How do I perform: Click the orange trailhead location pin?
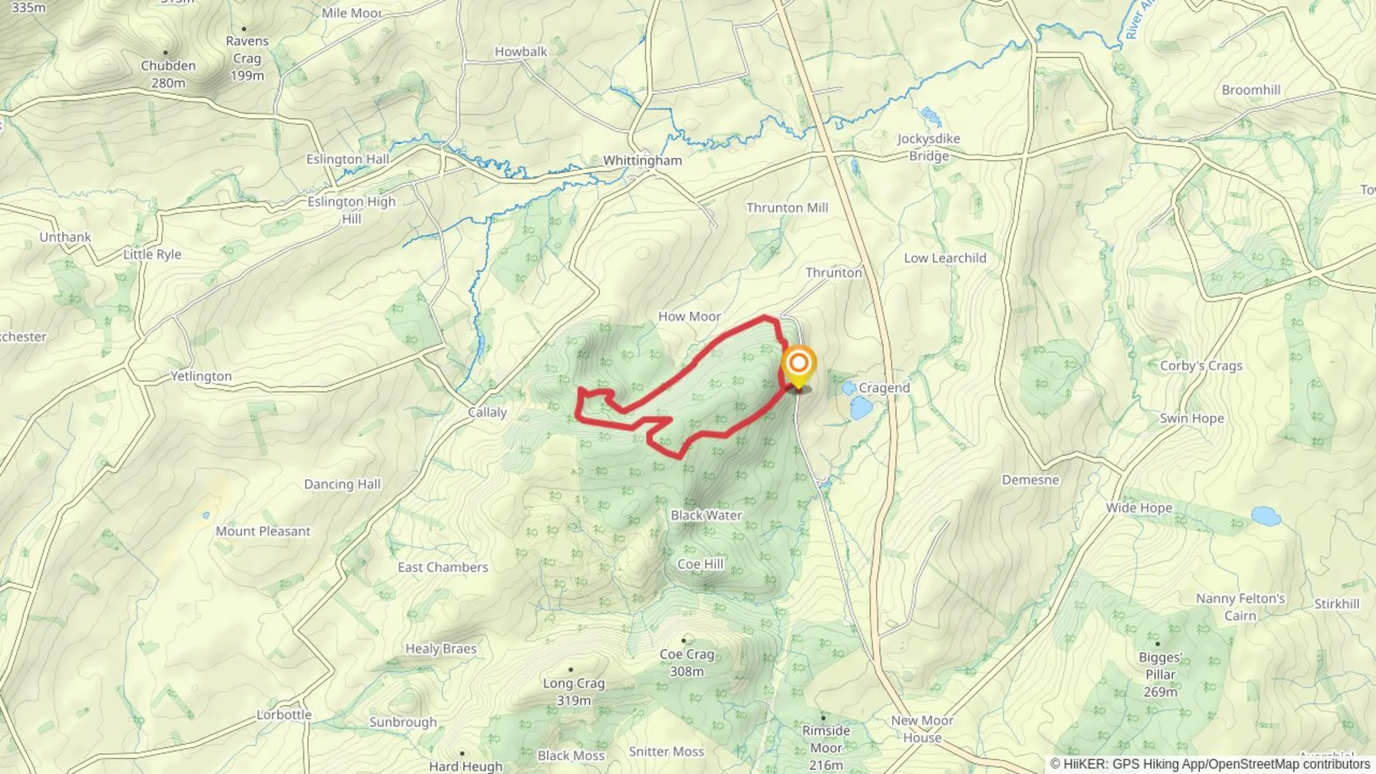click(798, 365)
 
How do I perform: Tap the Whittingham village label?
click(642, 161)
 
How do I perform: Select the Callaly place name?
click(487, 412)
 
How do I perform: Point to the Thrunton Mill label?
click(787, 208)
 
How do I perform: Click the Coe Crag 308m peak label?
click(687, 662)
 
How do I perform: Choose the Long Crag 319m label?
click(573, 692)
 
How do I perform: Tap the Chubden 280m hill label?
click(168, 74)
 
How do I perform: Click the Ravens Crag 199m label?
click(247, 58)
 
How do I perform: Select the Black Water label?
click(706, 515)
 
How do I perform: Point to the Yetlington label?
click(201, 376)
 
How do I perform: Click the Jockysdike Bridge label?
click(929, 147)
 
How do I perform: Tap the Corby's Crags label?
click(1201, 365)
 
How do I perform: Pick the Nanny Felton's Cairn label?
click(1240, 607)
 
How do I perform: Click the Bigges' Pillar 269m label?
click(1160, 674)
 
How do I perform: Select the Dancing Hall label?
click(342, 484)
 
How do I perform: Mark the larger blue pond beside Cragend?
click(861, 408)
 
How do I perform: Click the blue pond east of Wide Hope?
click(1266, 516)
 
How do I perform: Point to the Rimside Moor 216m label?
click(826, 747)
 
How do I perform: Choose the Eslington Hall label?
click(348, 159)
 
